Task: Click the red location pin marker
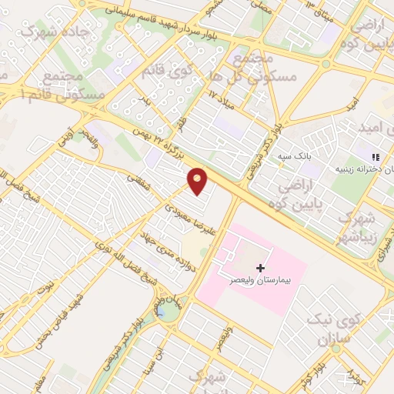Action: [x=199, y=181]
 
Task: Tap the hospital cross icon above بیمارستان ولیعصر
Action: [x=259, y=268]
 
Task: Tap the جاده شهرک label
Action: [x=41, y=32]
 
